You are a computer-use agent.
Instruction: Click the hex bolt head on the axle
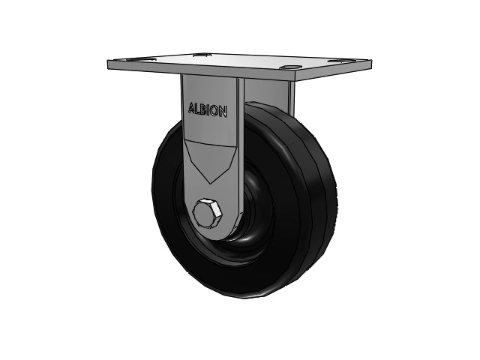coord(207,213)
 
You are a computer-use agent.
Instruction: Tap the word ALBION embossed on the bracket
coord(207,110)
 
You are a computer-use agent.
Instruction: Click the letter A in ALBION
coord(192,108)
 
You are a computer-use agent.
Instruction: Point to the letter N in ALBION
coord(223,112)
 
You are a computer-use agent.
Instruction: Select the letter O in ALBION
coord(214,111)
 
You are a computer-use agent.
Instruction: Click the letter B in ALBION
coord(203,109)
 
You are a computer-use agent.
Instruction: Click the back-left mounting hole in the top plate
coord(199,55)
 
